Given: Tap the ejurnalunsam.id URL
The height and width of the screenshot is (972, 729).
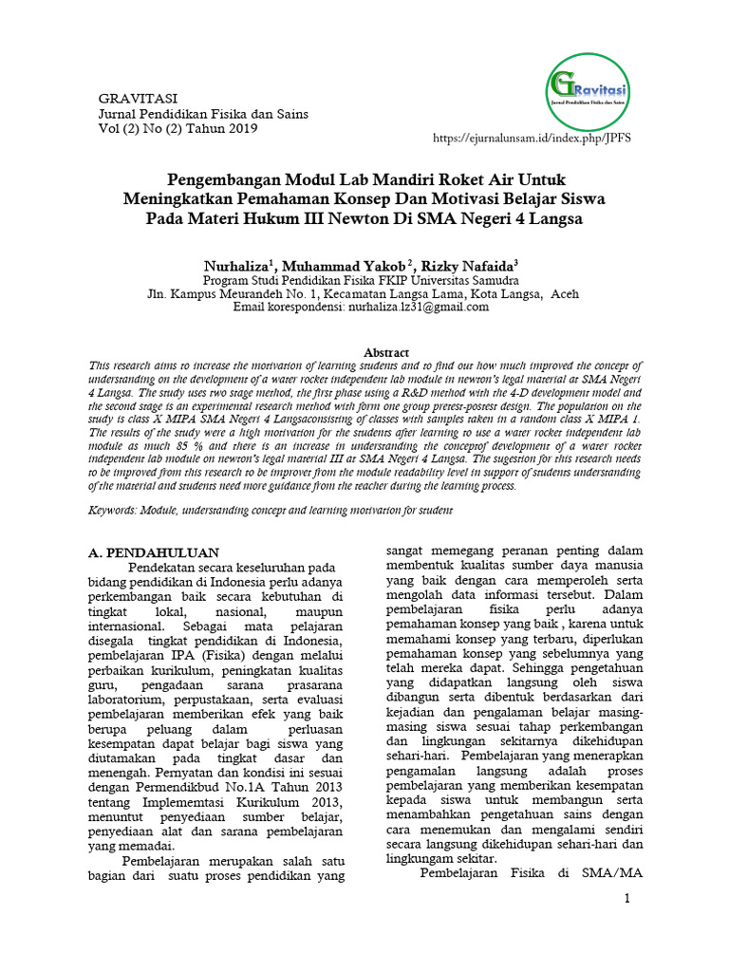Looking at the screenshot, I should [532, 138].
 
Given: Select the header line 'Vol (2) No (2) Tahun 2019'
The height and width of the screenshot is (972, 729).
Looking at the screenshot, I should [178, 129].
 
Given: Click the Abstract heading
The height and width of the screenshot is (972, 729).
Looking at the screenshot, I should [387, 352].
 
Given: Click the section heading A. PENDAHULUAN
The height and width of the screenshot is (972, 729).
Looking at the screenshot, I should [154, 552].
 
